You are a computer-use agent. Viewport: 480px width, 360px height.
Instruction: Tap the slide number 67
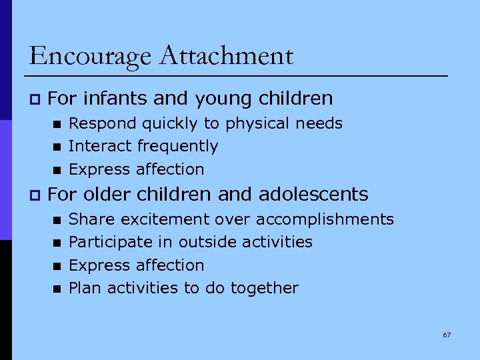[x=447, y=335]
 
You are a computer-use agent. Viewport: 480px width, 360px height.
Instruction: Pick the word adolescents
[x=313, y=195]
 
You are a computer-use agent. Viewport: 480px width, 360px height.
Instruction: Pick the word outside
[x=211, y=242]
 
